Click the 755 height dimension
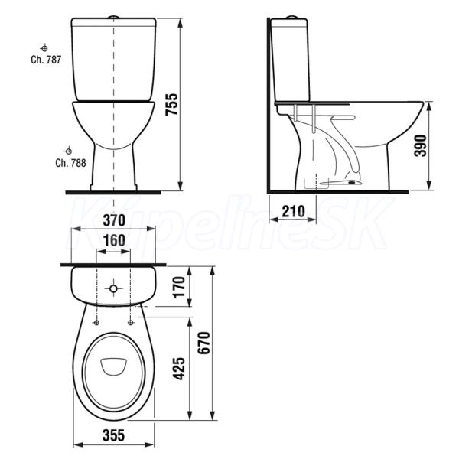click(x=171, y=104)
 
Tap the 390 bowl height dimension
click(x=420, y=145)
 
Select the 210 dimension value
click(x=293, y=211)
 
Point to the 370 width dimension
click(x=114, y=220)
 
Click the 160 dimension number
click(x=114, y=241)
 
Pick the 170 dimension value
click(x=180, y=287)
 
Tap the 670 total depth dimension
click(x=204, y=343)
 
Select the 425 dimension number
click(x=179, y=368)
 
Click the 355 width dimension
click(x=113, y=435)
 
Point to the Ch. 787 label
click(x=46, y=60)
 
